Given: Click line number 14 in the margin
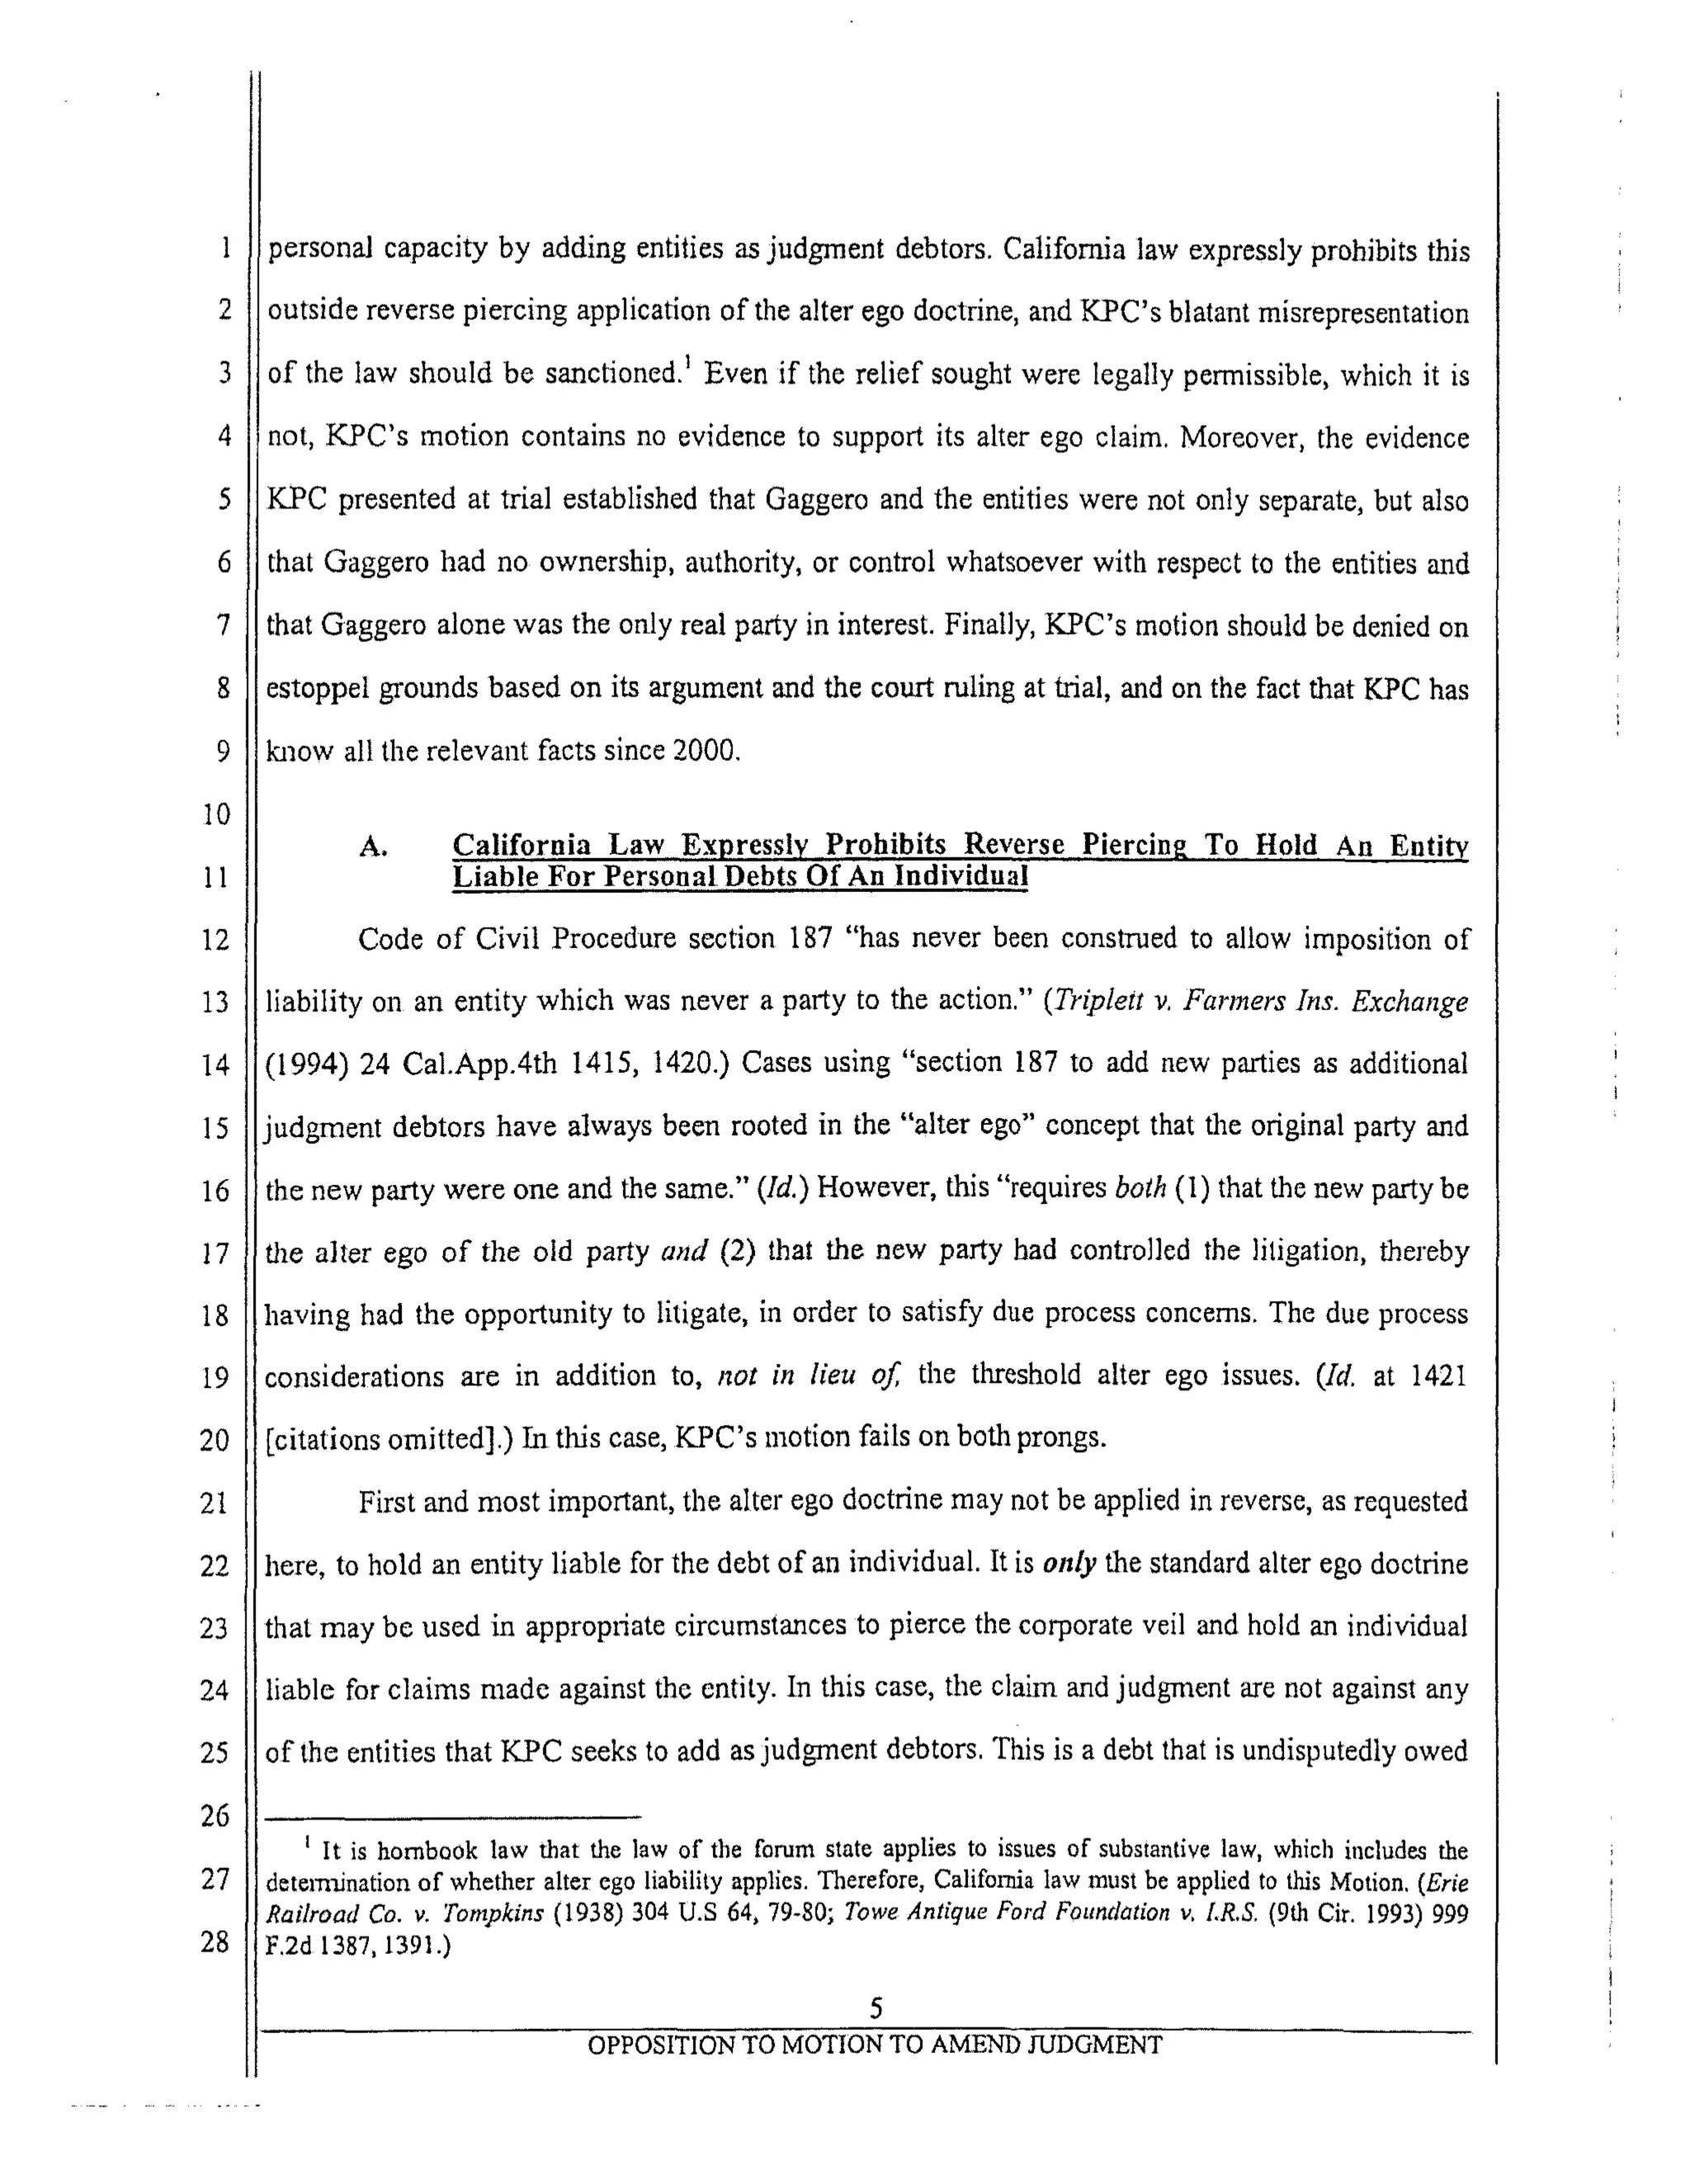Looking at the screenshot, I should coord(215,1065).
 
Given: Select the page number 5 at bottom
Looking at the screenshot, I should coord(876,2008).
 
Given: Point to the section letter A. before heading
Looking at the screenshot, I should coord(372,847).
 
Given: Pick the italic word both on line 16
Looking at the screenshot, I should coord(1140,1189).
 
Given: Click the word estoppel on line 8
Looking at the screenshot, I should coord(319,689).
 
